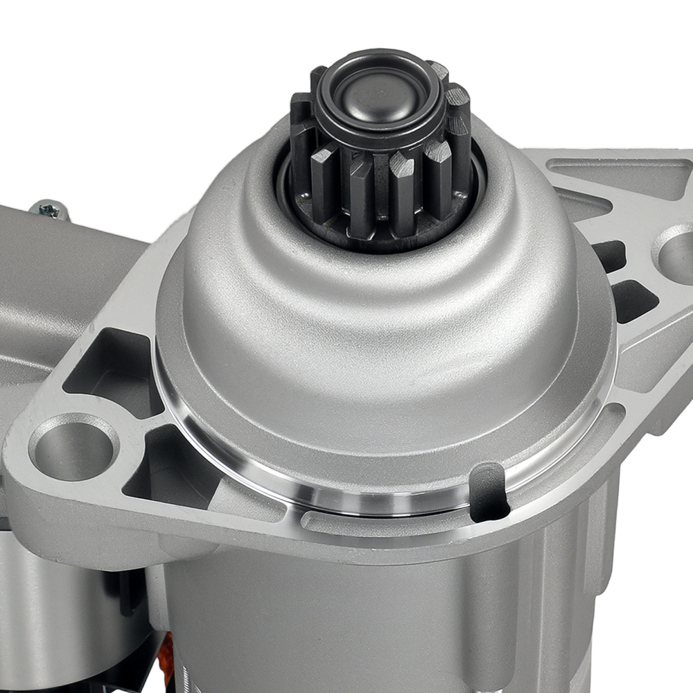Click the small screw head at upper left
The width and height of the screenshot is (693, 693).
[x=50, y=209]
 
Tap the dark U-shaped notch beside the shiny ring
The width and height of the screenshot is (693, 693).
[x=489, y=491]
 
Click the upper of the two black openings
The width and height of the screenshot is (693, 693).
[x=608, y=255]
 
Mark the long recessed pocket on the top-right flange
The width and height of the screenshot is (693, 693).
[x=617, y=173]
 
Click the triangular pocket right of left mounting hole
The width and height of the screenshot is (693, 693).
[x=170, y=464]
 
